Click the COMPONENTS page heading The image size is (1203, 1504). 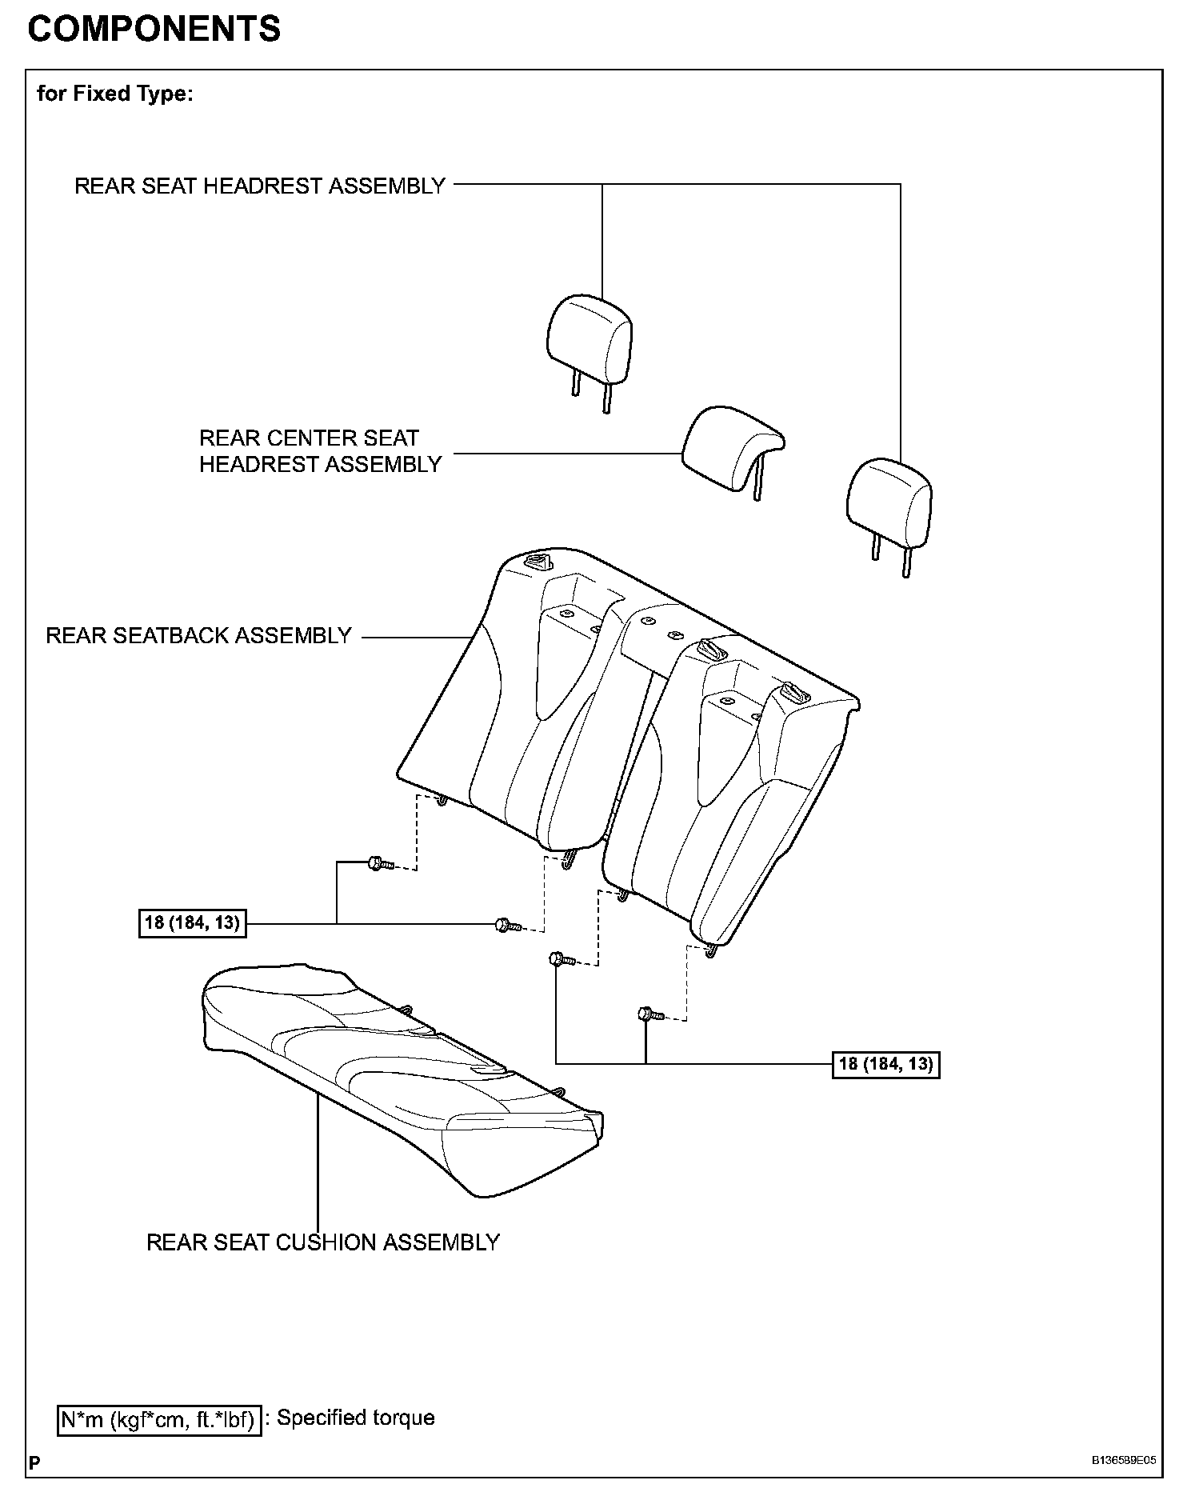[x=154, y=29]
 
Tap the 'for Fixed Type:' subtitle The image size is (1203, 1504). [x=114, y=94]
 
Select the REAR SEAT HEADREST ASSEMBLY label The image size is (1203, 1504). [x=259, y=186]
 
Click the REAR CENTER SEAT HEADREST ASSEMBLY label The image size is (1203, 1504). [x=320, y=451]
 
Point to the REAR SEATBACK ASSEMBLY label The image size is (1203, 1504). [x=198, y=635]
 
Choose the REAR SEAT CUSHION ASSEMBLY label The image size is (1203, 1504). [x=322, y=1242]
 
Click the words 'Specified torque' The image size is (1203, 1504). [x=356, y=1418]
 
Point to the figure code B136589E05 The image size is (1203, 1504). [x=1124, y=1460]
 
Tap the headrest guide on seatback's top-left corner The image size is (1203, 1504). [x=537, y=562]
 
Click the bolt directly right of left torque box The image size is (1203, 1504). [x=504, y=925]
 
